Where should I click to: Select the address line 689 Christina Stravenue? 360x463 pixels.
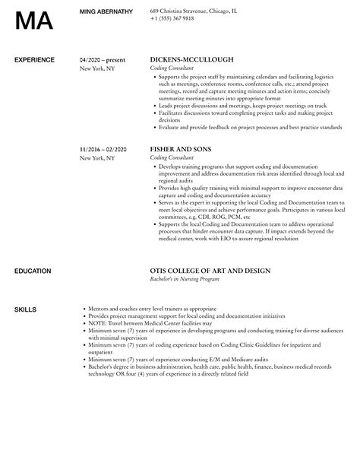point(194,11)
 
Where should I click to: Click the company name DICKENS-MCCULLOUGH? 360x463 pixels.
point(192,59)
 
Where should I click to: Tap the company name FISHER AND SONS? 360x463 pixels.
point(180,150)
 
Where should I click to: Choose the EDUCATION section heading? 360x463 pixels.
point(33,271)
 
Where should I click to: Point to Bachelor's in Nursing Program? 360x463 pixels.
point(185,279)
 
